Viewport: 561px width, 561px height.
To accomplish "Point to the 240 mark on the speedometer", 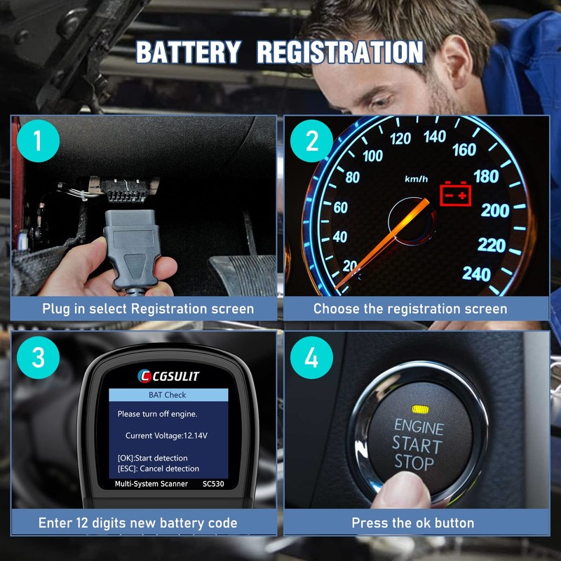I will [476, 273].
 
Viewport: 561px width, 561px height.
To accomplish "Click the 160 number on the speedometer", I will [464, 149].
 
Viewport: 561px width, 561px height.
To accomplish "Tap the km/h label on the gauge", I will [416, 179].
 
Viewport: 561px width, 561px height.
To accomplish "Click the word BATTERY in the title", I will [188, 53].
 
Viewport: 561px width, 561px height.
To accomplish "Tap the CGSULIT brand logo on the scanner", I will [168, 377].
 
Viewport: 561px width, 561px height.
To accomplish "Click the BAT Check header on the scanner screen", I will [168, 396].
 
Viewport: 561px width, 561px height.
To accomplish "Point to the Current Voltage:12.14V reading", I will [166, 435].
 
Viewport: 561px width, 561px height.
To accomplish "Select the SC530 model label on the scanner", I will [215, 485].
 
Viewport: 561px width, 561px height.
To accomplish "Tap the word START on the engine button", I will [417, 444].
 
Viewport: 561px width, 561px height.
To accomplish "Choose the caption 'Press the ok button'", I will [413, 523].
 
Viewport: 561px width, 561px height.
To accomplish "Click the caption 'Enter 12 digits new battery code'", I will [137, 523].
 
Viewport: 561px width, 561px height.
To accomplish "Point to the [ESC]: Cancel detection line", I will [158, 468].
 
